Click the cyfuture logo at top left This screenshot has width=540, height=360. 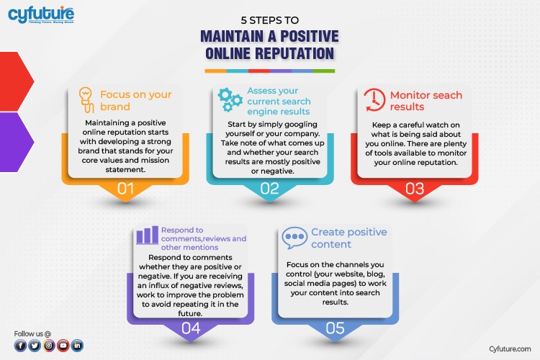[x=41, y=14]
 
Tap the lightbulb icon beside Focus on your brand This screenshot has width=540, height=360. [x=86, y=100]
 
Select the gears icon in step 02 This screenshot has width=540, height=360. [x=230, y=99]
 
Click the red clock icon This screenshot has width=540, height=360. [x=374, y=100]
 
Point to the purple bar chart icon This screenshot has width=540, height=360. [x=147, y=235]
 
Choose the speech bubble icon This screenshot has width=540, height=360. [x=294, y=238]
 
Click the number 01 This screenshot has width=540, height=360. [x=125, y=189]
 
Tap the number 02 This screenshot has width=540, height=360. [x=270, y=189]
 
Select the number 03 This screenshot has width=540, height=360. [x=415, y=189]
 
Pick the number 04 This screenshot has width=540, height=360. [x=191, y=328]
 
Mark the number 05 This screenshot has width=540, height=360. [x=335, y=328]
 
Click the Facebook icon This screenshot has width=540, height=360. [x=21, y=346]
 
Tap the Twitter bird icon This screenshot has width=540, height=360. [x=35, y=346]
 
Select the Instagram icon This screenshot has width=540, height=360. [x=49, y=346]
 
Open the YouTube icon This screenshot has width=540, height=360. [x=63, y=346]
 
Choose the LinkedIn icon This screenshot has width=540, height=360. [x=77, y=346]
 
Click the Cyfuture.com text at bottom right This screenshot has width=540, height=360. [x=510, y=349]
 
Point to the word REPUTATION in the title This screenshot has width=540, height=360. [x=270, y=54]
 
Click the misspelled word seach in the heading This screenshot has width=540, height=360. [x=447, y=95]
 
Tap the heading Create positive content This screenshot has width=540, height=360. [x=349, y=238]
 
